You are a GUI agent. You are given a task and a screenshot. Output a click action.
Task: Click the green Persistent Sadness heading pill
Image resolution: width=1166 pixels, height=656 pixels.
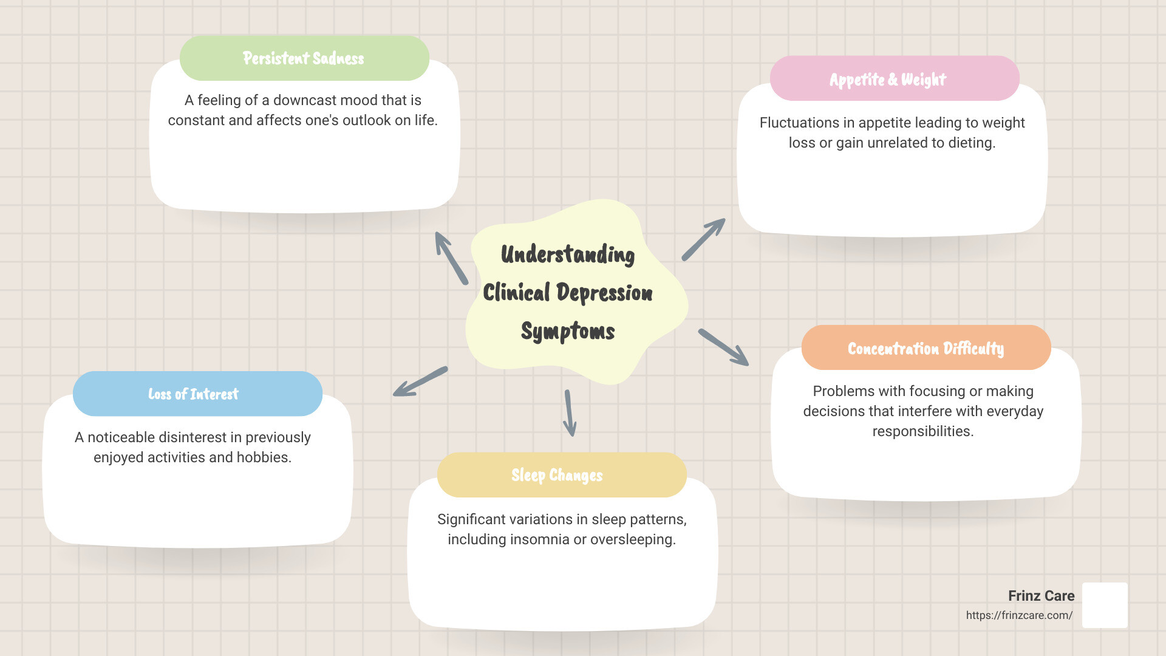pos(304,58)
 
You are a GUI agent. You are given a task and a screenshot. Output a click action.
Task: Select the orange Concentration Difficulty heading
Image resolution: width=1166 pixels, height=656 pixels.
pos(926,348)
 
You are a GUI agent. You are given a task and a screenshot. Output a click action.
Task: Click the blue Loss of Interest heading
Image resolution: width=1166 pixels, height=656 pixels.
pos(194,394)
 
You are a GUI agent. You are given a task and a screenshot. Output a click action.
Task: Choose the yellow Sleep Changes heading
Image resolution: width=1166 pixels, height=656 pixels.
pos(557,475)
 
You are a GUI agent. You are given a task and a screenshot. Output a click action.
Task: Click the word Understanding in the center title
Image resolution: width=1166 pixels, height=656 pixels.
pos(567,255)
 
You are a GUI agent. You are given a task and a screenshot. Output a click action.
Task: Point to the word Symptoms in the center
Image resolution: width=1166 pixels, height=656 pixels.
pos(567,331)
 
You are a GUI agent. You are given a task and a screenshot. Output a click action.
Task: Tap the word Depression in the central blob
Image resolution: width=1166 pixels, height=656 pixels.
pos(604,293)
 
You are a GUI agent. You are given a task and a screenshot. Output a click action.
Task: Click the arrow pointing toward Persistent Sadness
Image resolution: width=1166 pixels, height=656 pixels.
pos(451,258)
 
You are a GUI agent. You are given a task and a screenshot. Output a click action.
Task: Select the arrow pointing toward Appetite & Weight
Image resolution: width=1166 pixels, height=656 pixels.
pos(703,239)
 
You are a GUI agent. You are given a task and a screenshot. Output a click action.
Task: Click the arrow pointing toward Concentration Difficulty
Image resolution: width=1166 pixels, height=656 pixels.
pos(723,347)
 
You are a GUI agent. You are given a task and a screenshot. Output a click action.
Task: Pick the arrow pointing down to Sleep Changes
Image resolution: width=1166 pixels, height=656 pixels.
pos(570,414)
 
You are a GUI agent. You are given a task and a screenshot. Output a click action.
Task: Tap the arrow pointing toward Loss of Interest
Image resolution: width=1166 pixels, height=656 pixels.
pos(420,382)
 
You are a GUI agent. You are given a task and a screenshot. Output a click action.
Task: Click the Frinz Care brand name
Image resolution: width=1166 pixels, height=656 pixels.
pos(1041,596)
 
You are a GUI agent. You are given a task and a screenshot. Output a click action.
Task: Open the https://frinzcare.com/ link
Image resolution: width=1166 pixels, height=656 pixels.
pos(1019,615)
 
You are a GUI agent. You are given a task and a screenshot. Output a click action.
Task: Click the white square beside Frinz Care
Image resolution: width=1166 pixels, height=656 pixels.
pos(1105,605)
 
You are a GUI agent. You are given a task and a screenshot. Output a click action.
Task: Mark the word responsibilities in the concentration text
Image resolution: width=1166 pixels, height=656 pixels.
pos(922,431)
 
